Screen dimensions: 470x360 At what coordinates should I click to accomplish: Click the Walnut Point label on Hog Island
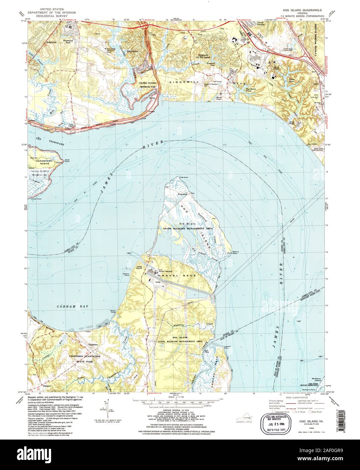[236, 253]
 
